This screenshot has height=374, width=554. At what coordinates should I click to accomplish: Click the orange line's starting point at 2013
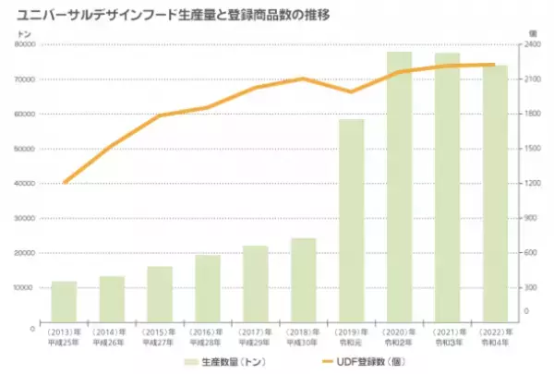(x=64, y=183)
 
